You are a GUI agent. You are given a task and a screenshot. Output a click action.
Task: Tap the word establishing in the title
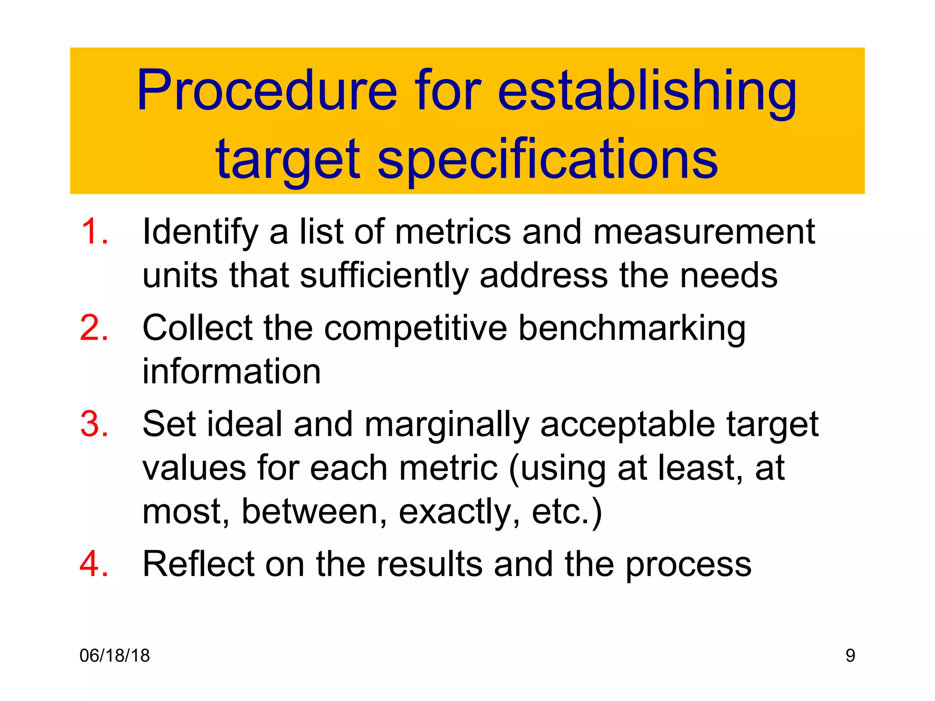coord(647,91)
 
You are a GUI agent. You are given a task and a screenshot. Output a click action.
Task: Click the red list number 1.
coord(94,232)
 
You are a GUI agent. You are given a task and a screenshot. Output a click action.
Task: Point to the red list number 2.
coord(94,328)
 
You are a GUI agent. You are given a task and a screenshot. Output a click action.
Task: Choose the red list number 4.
coord(94,565)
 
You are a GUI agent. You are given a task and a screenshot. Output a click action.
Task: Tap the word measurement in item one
coord(704,232)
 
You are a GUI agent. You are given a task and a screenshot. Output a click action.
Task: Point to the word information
coord(231,371)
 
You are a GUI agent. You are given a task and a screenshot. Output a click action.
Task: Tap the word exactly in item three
coord(458,512)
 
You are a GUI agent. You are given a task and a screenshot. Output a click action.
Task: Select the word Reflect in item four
coord(198,565)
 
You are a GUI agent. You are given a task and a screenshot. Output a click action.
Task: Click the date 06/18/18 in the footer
coord(115,656)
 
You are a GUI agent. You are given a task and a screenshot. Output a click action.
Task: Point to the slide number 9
coord(850,656)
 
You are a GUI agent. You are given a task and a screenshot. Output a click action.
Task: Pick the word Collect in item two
coord(197,328)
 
